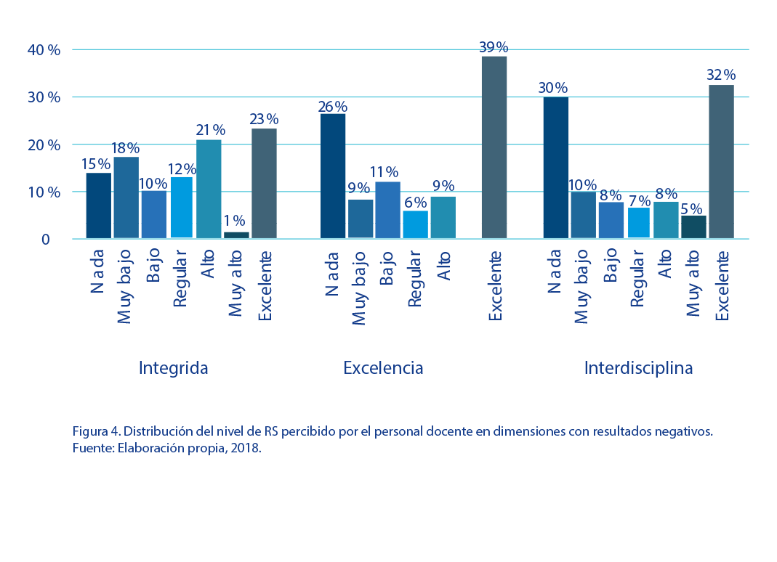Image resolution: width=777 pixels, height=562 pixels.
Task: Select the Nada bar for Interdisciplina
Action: tap(556, 168)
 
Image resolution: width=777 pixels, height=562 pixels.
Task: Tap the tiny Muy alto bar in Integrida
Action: tap(236, 235)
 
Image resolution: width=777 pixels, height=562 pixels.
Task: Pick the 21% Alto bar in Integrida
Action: tap(209, 189)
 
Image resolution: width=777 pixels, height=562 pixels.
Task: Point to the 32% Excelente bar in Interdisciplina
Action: tap(721, 162)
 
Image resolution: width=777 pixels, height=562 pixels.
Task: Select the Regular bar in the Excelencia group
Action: tap(415, 224)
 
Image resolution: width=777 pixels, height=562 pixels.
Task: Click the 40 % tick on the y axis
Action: tap(44, 50)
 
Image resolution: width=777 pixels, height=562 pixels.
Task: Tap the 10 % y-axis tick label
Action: tap(44, 192)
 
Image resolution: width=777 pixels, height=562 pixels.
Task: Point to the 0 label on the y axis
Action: tap(45, 240)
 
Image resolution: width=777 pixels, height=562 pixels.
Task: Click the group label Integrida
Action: tap(173, 368)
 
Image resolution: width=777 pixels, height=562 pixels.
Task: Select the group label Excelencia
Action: tap(383, 368)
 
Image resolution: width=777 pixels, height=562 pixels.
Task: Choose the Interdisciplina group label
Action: tap(638, 368)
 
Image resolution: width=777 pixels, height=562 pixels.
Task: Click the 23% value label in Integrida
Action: tap(264, 119)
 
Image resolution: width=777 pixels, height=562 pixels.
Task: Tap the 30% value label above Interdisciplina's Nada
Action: tap(553, 88)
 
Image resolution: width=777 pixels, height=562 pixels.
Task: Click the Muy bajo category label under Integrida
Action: tap(125, 286)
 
